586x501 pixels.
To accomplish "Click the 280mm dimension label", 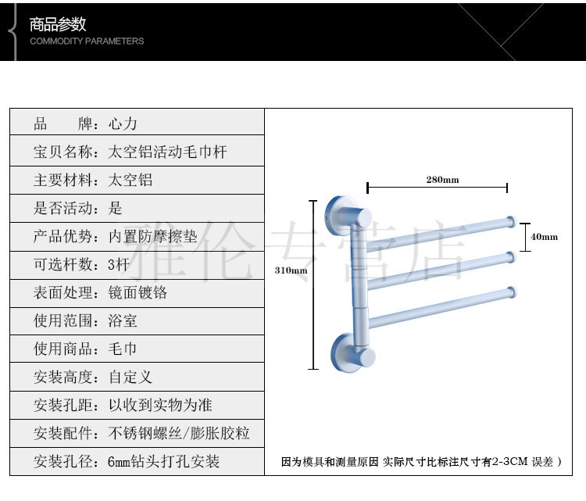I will click(442, 180).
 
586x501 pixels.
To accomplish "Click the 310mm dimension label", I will click(290, 270).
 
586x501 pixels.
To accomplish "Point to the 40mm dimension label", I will click(545, 236).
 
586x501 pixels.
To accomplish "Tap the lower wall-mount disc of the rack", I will click(345, 349).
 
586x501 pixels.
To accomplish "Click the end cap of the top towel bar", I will click(510, 221).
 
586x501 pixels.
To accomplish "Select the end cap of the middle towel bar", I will click(510, 256).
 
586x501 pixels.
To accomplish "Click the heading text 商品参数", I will click(58, 24).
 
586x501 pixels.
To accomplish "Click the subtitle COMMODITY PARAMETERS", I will click(87, 41).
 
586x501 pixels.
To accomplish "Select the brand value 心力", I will click(123, 123).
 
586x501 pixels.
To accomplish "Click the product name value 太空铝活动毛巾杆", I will click(167, 152).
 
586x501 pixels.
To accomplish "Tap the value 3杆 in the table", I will click(119, 264).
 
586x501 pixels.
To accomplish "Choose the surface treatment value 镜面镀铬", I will click(138, 292).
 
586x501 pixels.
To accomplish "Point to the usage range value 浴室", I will click(123, 320).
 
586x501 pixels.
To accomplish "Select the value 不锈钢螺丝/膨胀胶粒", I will click(179, 433).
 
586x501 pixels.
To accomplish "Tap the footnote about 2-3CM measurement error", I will click(421, 462).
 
